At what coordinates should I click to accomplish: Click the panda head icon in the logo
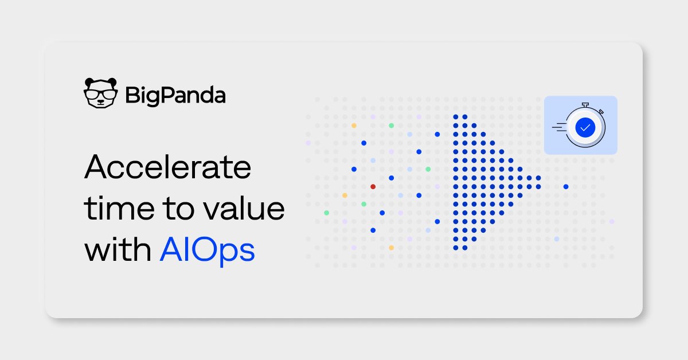tap(101, 93)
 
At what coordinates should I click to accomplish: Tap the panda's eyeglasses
tap(101, 93)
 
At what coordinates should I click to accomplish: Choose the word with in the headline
tap(117, 251)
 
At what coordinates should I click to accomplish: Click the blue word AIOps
tap(207, 252)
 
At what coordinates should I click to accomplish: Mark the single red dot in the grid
tap(373, 186)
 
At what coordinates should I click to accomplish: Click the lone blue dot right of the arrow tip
tap(566, 186)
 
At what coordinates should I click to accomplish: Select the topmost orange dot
tap(354, 125)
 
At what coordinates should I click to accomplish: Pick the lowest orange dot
tap(391, 248)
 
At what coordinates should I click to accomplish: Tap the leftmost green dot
tap(326, 213)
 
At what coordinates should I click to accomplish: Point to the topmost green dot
tap(392, 125)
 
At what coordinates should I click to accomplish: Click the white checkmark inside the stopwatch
tap(585, 127)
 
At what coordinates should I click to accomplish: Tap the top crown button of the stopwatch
tap(585, 104)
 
